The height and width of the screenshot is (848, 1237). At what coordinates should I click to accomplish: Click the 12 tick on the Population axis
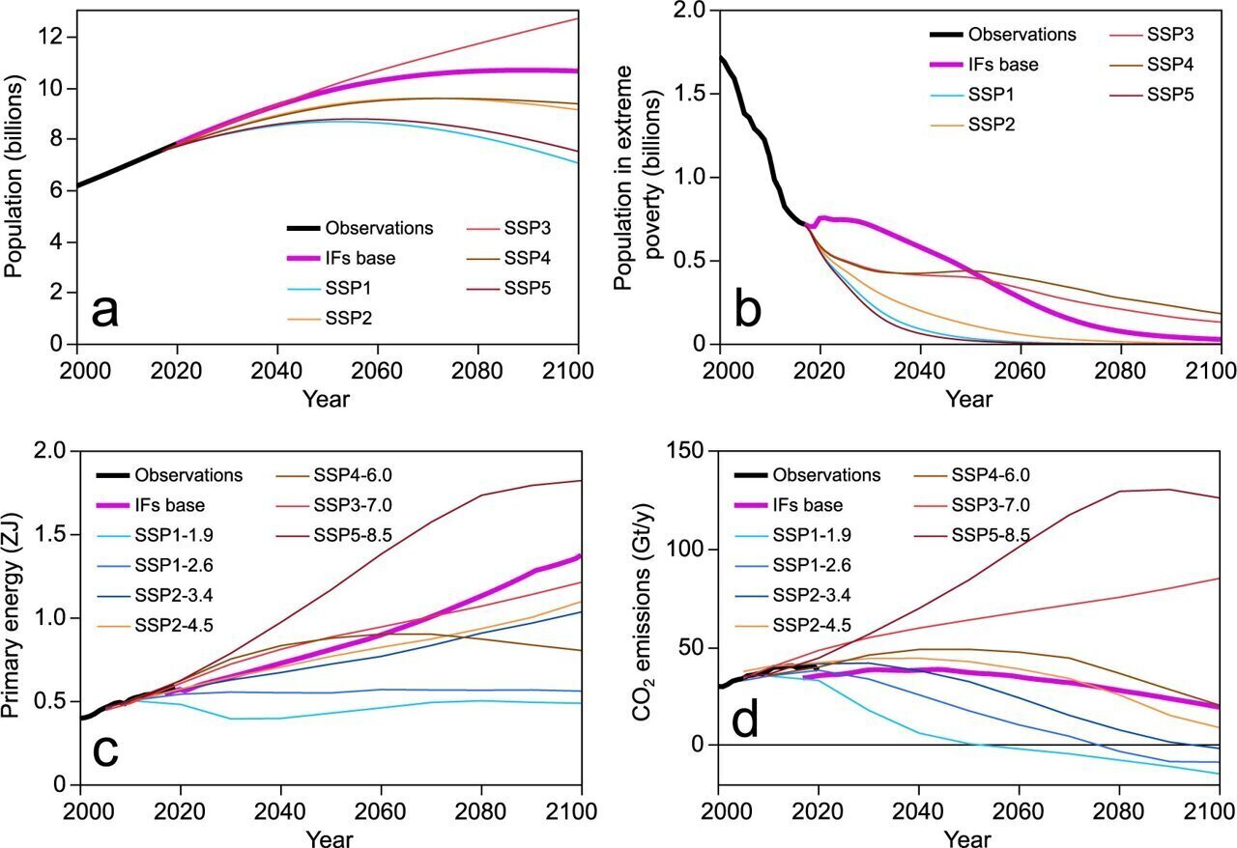coord(49,37)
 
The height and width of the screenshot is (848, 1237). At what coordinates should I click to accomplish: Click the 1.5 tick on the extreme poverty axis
coord(691,94)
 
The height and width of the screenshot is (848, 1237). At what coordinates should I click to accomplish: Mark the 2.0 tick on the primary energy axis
coord(53,452)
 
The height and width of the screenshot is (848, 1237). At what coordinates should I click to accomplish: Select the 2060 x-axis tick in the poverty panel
coord(1020,370)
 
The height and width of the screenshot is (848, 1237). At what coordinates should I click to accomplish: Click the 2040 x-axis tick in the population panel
coord(276,370)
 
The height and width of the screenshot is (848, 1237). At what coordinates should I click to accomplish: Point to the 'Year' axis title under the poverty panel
coord(968,399)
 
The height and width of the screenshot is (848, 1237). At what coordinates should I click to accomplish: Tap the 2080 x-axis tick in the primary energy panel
coord(480,811)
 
